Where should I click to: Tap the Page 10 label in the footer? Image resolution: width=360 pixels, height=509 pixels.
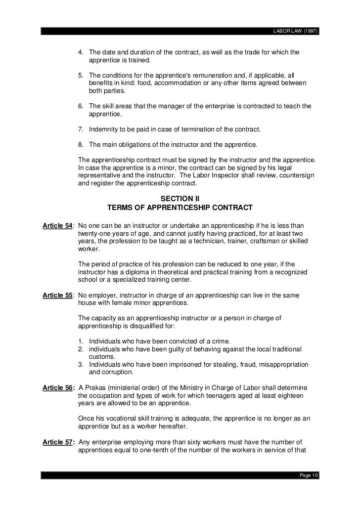point(310,475)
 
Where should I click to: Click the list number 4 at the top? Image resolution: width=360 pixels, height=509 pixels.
point(81,53)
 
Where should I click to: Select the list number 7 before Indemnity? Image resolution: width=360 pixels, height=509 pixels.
point(81,129)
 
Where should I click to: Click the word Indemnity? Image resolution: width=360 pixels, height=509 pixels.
point(104,129)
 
